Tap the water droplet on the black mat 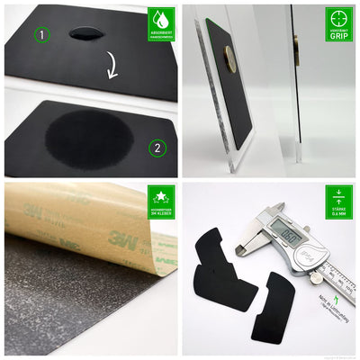coord(86,32)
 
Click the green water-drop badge coord(161,23)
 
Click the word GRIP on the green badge coord(339,38)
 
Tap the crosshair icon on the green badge coord(339,21)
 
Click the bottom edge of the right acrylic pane coord(298,161)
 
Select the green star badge coord(161,203)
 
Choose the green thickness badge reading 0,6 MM coord(339,203)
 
